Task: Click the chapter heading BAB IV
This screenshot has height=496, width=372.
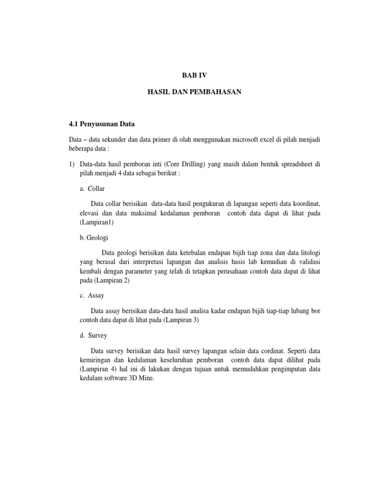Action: coord(193,75)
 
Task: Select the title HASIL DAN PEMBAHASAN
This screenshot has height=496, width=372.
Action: coord(194,91)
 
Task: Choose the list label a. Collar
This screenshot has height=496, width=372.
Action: coord(93,188)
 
